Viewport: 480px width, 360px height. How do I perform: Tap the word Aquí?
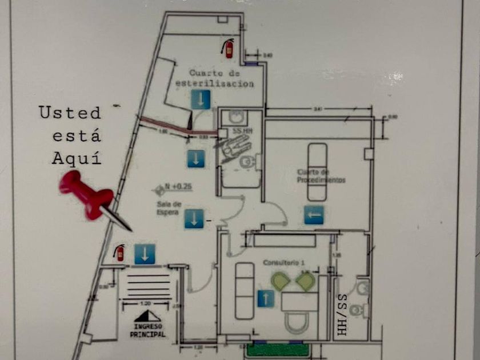77,158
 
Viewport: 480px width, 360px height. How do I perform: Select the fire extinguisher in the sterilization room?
228,48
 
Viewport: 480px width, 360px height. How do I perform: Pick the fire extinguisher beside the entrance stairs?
119,252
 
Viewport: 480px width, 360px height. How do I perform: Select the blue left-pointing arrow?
314,214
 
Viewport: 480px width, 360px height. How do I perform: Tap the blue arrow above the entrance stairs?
145,254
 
